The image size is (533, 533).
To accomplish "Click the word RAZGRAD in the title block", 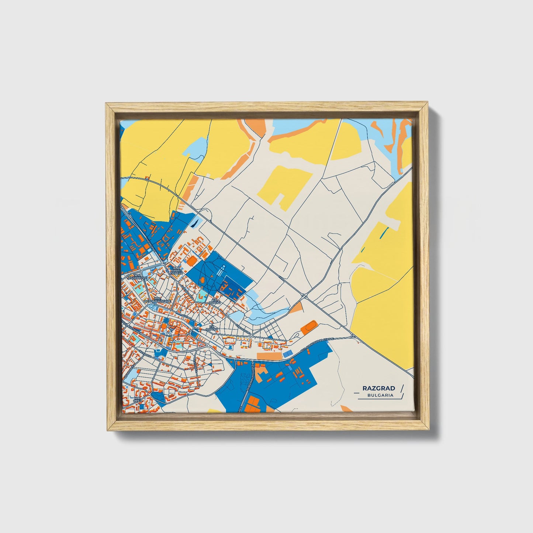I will click(x=378, y=388).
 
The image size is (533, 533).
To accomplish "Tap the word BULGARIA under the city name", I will click(x=380, y=395).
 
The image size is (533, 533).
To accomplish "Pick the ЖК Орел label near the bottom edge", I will click(x=137, y=400).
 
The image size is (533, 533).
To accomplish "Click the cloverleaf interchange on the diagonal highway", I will click(x=305, y=295).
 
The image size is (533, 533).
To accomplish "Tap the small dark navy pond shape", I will click(x=194, y=222).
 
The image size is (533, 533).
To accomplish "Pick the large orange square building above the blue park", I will click(x=191, y=260).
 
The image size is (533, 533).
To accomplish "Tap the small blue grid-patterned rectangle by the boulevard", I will click(x=287, y=354).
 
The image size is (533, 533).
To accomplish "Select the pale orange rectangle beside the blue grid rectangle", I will click(x=269, y=356).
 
